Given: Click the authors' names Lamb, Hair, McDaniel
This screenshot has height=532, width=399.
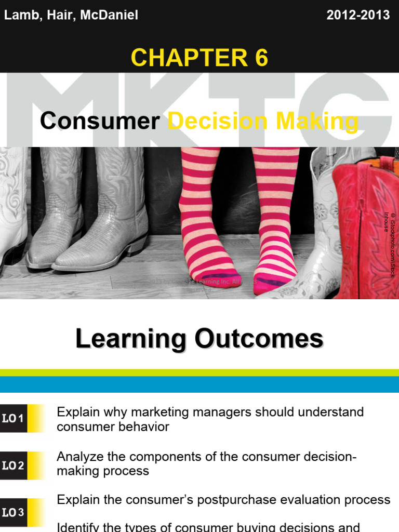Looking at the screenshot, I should point(71,15).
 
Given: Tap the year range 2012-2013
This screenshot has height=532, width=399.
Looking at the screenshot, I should point(358,15).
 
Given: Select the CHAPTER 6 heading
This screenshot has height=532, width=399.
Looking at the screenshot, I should point(199,58).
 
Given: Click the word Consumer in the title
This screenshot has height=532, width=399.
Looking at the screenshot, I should point(100,122).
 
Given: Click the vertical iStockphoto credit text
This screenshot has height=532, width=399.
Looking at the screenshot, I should point(389,244).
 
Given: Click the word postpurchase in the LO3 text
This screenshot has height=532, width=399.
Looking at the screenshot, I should point(241,500).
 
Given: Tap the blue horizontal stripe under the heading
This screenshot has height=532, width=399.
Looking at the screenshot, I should point(199,384).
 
